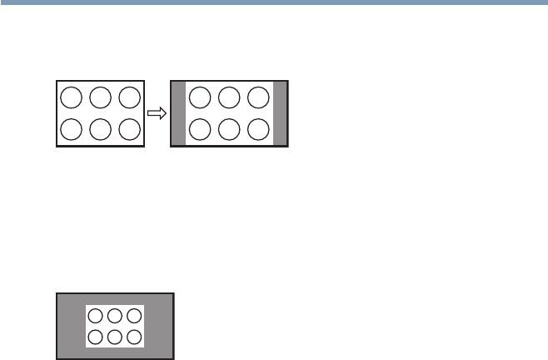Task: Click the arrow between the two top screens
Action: click(157, 112)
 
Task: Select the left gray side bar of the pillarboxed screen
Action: click(177, 113)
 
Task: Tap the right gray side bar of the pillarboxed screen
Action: click(280, 113)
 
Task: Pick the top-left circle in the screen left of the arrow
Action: click(72, 97)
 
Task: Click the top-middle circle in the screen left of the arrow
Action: click(101, 97)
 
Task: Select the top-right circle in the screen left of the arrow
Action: click(129, 97)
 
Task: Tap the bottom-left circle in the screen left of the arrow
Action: click(72, 129)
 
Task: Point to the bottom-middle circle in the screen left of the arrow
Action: click(101, 129)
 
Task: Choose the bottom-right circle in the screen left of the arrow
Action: click(129, 129)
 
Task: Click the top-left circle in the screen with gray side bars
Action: click(201, 97)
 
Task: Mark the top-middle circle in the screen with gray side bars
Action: click(229, 97)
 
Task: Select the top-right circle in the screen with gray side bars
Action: click(257, 97)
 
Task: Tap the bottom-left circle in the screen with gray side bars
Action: click(201, 129)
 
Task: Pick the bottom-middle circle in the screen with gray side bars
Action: click(229, 129)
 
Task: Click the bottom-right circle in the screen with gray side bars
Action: click(257, 129)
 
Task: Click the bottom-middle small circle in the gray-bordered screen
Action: click(115, 337)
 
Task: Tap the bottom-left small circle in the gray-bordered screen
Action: click(97, 337)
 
